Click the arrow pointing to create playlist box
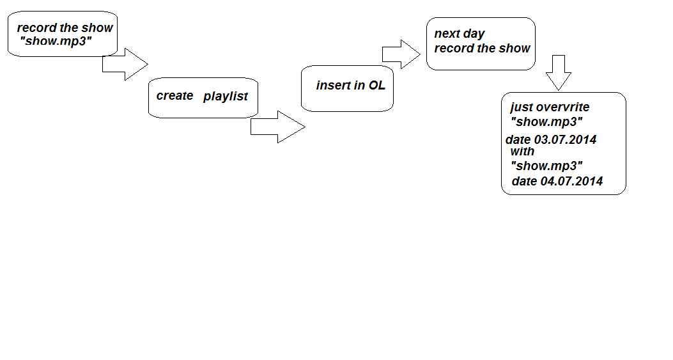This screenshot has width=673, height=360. [x=125, y=65]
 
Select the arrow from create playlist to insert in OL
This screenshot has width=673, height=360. [x=277, y=127]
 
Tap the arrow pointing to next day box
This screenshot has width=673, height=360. [x=401, y=54]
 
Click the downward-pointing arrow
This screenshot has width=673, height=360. [x=559, y=73]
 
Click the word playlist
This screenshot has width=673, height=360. [x=226, y=96]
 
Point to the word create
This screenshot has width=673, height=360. [x=174, y=95]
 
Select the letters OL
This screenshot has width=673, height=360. [x=377, y=85]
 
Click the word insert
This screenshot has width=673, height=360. [x=334, y=85]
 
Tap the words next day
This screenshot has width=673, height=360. [x=460, y=34]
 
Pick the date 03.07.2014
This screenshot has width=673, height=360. [x=565, y=139]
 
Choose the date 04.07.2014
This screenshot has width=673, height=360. [x=572, y=181]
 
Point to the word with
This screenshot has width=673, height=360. [x=522, y=151]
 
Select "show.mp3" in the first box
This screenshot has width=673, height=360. [x=56, y=41]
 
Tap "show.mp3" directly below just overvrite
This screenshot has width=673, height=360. [x=547, y=122]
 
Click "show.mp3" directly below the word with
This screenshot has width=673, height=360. [x=547, y=166]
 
